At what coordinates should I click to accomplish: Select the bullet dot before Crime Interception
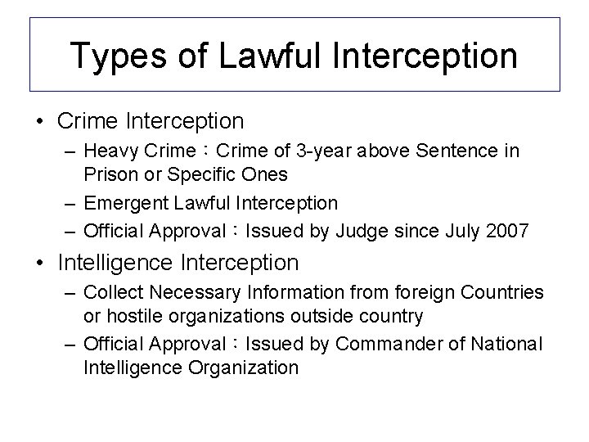(x=40, y=122)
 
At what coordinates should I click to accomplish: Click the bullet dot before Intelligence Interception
(x=40, y=264)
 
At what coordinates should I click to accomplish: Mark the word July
(x=462, y=231)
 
